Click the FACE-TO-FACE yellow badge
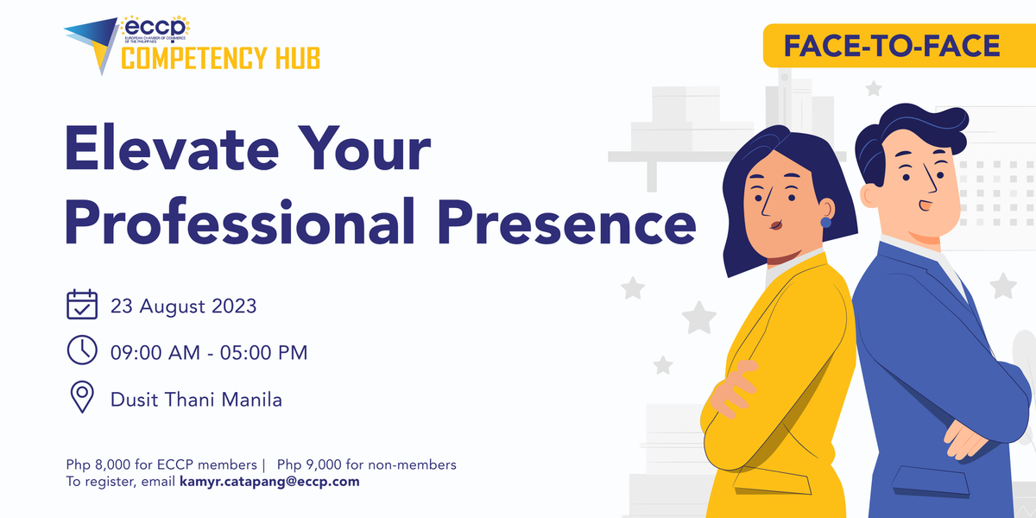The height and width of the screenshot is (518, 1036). pyautogui.click(x=892, y=46)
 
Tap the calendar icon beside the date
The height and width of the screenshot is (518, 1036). pyautogui.click(x=82, y=306)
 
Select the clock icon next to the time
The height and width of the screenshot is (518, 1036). pyautogui.click(x=82, y=351)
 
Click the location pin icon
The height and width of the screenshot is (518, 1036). pyautogui.click(x=82, y=398)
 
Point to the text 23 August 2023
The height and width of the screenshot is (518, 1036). pyautogui.click(x=183, y=306)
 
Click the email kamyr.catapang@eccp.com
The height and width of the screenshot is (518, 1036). pyautogui.click(x=269, y=482)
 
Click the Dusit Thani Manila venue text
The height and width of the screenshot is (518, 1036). pyautogui.click(x=196, y=400)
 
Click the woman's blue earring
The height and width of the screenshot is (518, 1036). pyautogui.click(x=825, y=222)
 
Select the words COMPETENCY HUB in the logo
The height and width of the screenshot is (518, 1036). pyautogui.click(x=220, y=59)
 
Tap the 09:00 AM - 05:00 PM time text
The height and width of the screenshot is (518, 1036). pyautogui.click(x=209, y=352)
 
